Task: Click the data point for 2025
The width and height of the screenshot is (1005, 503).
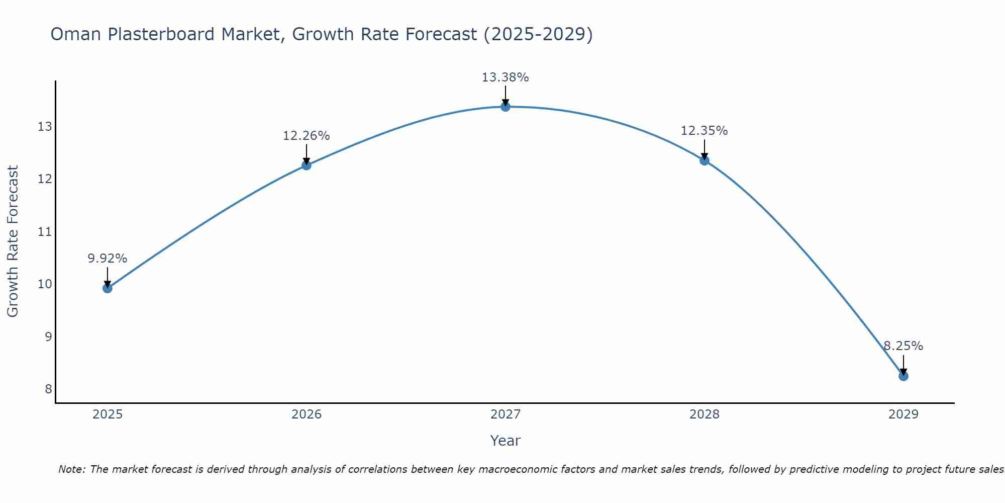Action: click(x=107, y=288)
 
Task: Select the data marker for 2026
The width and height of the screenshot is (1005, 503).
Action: click(x=306, y=165)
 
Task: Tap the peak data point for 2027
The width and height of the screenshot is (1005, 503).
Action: click(x=505, y=107)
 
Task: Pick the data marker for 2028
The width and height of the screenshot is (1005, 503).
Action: click(x=704, y=160)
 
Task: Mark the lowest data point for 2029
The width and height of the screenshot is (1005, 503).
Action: click(x=903, y=376)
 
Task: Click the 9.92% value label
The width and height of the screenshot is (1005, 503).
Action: click(x=107, y=259)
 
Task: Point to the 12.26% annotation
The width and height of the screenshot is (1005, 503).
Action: click(x=306, y=136)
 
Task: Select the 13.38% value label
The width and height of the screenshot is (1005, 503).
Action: click(x=505, y=77)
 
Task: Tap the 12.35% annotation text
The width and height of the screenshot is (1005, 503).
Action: click(x=704, y=131)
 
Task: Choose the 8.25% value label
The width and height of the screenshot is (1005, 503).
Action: click(x=903, y=346)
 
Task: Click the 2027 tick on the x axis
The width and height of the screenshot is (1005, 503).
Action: click(x=505, y=414)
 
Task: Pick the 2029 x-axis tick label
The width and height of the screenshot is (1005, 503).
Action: click(x=903, y=414)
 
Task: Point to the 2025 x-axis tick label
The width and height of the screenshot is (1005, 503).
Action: click(x=108, y=414)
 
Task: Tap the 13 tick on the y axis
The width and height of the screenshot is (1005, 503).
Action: click(x=45, y=126)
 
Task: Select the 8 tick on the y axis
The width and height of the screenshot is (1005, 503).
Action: click(x=48, y=389)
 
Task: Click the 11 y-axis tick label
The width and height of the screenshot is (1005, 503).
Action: click(x=45, y=231)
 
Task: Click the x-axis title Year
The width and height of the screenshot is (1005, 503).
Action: click(x=505, y=441)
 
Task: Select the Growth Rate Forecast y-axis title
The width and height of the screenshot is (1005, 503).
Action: click(x=13, y=241)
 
